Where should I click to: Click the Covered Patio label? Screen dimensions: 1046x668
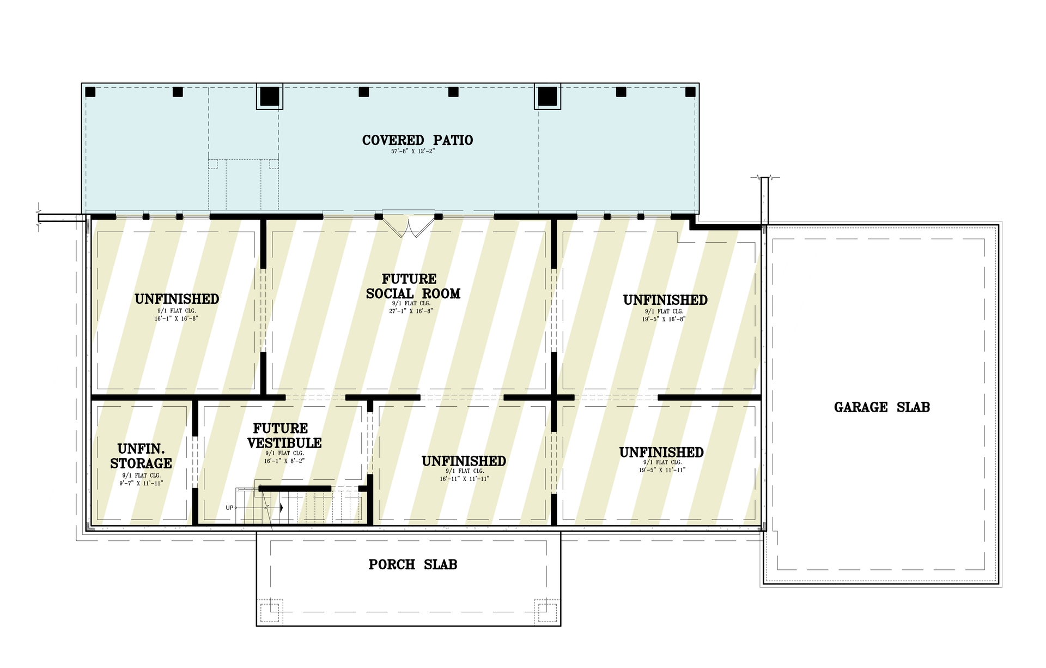[417, 140]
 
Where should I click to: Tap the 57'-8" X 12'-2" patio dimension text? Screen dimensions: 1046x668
[412, 151]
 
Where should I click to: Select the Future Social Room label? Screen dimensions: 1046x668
[413, 286]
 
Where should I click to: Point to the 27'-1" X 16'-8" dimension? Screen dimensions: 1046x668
[411, 311]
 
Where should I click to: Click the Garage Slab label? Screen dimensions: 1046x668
[881, 407]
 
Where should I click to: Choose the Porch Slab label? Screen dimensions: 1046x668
[412, 564]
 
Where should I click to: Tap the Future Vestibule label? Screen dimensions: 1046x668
[284, 435]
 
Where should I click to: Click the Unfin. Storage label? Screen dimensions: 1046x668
[141, 456]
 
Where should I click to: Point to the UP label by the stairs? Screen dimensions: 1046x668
[229, 508]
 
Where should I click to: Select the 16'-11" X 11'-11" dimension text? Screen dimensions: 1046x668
[464, 479]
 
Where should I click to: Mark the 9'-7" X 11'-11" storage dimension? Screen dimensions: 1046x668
[141, 483]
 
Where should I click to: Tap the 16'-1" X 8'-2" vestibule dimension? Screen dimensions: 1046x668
[284, 461]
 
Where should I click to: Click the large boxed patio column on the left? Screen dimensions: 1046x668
[270, 97]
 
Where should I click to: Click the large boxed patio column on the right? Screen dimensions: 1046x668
[548, 97]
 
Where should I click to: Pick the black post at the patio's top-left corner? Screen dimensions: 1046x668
[90, 92]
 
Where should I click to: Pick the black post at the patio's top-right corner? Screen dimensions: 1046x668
[690, 92]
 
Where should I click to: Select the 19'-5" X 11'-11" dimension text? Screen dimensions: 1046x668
[662, 470]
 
